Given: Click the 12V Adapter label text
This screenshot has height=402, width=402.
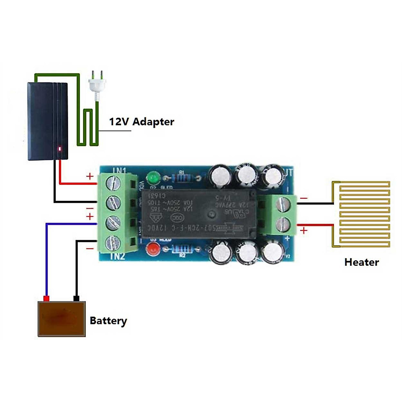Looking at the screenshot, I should [x=141, y=122].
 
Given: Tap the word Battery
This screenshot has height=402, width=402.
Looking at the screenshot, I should [x=108, y=321].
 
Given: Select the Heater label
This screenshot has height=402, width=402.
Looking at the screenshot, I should [x=361, y=262].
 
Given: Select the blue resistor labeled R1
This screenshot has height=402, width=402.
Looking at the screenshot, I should [x=182, y=178].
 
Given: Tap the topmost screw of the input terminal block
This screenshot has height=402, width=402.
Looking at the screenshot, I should [x=113, y=183].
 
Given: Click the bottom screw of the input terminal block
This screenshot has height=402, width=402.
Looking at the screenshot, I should [x=113, y=242].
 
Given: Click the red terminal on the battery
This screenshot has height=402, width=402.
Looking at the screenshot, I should [x=47, y=298].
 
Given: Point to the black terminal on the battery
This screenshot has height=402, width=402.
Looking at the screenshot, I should [x=76, y=298].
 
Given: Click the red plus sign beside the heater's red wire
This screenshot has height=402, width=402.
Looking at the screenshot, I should [x=304, y=230].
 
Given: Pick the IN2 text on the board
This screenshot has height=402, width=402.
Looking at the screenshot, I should [x=117, y=257].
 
